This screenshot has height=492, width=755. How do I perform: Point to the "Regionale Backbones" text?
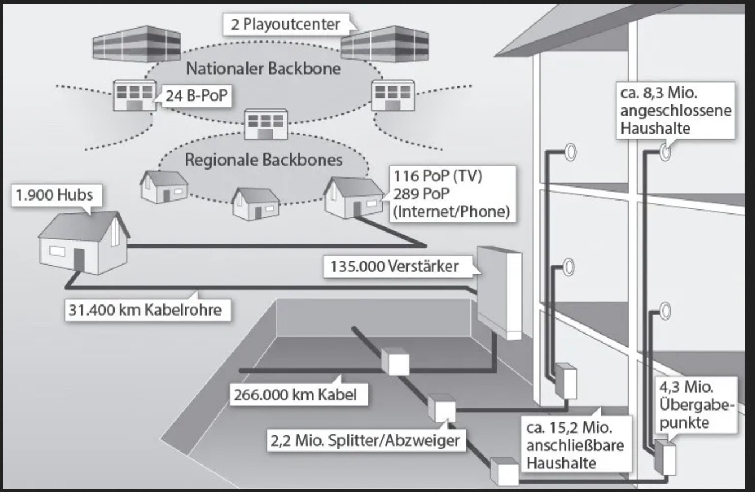pyautogui.click(x=263, y=160)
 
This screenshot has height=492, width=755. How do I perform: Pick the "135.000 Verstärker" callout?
pyautogui.click(x=399, y=266)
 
